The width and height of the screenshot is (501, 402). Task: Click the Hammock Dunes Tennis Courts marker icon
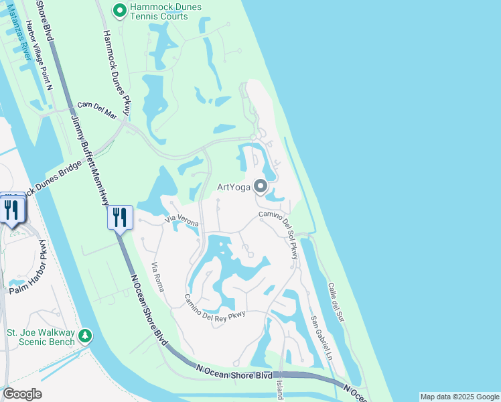(120, 10)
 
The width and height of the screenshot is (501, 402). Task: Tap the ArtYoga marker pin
(261, 187)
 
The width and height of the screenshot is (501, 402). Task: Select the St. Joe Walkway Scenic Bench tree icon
(85, 335)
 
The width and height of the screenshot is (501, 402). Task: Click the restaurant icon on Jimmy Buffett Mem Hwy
(120, 217)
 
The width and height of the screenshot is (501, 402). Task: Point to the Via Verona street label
(182, 219)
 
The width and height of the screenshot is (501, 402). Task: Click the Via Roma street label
(158, 275)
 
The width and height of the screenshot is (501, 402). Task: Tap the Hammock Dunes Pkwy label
(115, 67)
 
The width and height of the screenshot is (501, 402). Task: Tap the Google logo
(22, 394)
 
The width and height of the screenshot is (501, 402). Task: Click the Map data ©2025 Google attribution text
(459, 397)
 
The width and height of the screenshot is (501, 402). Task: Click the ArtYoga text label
(233, 187)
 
